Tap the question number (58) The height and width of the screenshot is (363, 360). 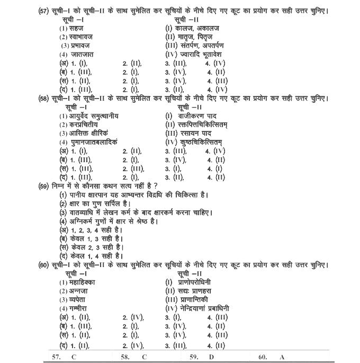44,99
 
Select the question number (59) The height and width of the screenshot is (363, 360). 44,185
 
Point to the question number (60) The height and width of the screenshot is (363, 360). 44,265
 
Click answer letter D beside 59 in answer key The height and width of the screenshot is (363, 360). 211,357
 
